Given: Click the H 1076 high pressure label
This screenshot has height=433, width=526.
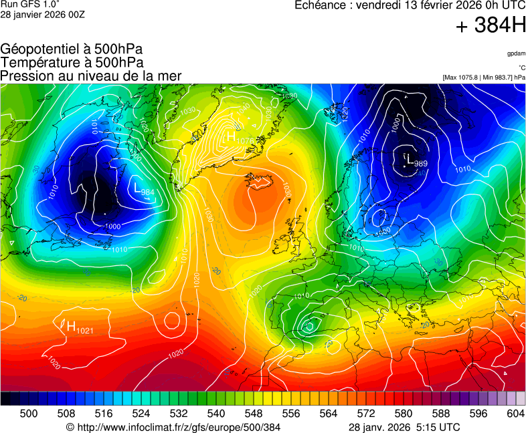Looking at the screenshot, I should point(240,138).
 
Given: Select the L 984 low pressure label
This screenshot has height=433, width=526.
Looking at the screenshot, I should point(144,190).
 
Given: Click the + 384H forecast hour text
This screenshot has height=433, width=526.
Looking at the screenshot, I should point(491,26).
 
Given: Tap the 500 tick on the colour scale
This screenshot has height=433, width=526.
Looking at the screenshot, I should point(28,414).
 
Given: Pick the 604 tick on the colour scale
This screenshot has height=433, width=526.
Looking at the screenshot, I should point(515,414).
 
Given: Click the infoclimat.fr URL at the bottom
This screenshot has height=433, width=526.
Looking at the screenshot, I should point(173,427).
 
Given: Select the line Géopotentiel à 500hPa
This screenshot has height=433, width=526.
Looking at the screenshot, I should point(72,49).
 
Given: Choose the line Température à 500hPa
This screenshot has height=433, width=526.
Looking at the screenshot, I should point(72,63).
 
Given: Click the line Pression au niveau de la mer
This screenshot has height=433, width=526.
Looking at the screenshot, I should point(91,76).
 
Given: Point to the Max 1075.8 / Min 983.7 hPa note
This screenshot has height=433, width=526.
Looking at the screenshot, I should point(484,78).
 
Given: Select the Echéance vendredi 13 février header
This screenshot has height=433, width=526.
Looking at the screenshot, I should point(410,5).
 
